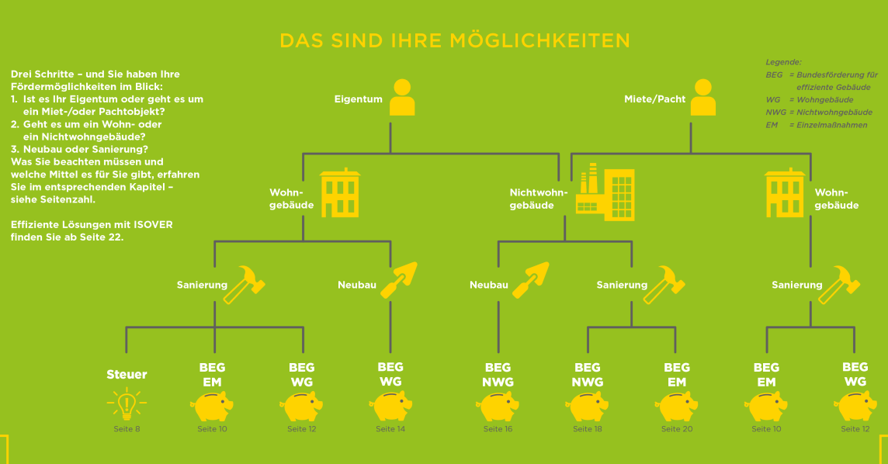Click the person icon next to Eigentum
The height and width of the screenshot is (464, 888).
click(402, 97)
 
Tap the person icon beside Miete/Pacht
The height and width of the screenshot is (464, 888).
click(702, 97)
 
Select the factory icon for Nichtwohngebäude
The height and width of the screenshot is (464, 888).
click(605, 192)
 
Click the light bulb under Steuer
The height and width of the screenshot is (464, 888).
click(127, 403)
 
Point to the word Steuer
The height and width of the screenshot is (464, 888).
click(127, 374)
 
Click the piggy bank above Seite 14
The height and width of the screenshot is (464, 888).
click(390, 407)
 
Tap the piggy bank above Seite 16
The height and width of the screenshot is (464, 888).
click(498, 407)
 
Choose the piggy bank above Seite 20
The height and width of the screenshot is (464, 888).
click(676, 407)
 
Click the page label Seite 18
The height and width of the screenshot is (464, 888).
click(588, 429)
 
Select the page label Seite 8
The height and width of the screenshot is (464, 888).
click(127, 429)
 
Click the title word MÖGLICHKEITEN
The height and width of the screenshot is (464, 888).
click(539, 41)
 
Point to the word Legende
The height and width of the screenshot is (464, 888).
click(783, 62)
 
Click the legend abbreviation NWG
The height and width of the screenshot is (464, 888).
click(776, 112)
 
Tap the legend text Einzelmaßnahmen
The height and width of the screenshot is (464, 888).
click(832, 125)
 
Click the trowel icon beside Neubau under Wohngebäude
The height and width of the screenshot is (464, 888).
click(399, 279)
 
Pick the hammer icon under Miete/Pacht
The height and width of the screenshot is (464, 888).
click(839, 284)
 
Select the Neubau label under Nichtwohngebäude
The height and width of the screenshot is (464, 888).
click(489, 285)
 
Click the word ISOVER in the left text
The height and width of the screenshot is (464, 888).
click(153, 225)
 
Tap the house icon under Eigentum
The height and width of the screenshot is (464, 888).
click(340, 192)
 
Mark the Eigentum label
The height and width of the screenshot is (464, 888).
click(358, 99)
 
